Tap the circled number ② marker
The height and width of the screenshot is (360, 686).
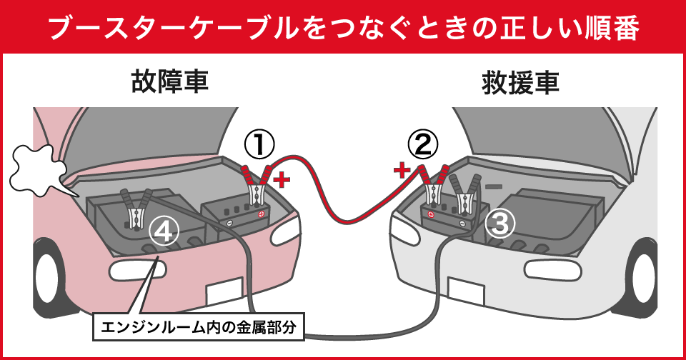click(x=423, y=146)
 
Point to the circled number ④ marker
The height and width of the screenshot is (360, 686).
click(x=164, y=231)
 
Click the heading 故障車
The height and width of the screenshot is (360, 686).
click(x=169, y=82)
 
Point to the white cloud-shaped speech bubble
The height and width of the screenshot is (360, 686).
click(x=37, y=167)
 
